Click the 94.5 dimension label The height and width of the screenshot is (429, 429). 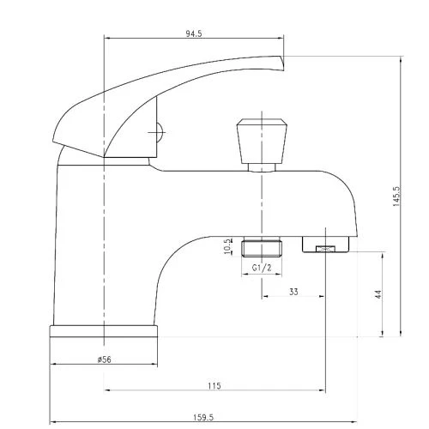(x=194, y=33)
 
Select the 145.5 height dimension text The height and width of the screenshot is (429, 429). (x=396, y=196)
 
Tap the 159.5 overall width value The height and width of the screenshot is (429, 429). (x=203, y=417)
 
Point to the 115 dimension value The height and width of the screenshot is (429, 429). (x=214, y=386)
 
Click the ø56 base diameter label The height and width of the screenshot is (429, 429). (x=104, y=360)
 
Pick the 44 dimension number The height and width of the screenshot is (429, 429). (x=378, y=294)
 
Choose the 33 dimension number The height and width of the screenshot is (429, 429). (x=293, y=292)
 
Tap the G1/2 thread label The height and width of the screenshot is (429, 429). (x=262, y=268)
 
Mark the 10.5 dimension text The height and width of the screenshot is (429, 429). (x=227, y=246)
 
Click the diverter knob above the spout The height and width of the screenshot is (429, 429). (x=262, y=141)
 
